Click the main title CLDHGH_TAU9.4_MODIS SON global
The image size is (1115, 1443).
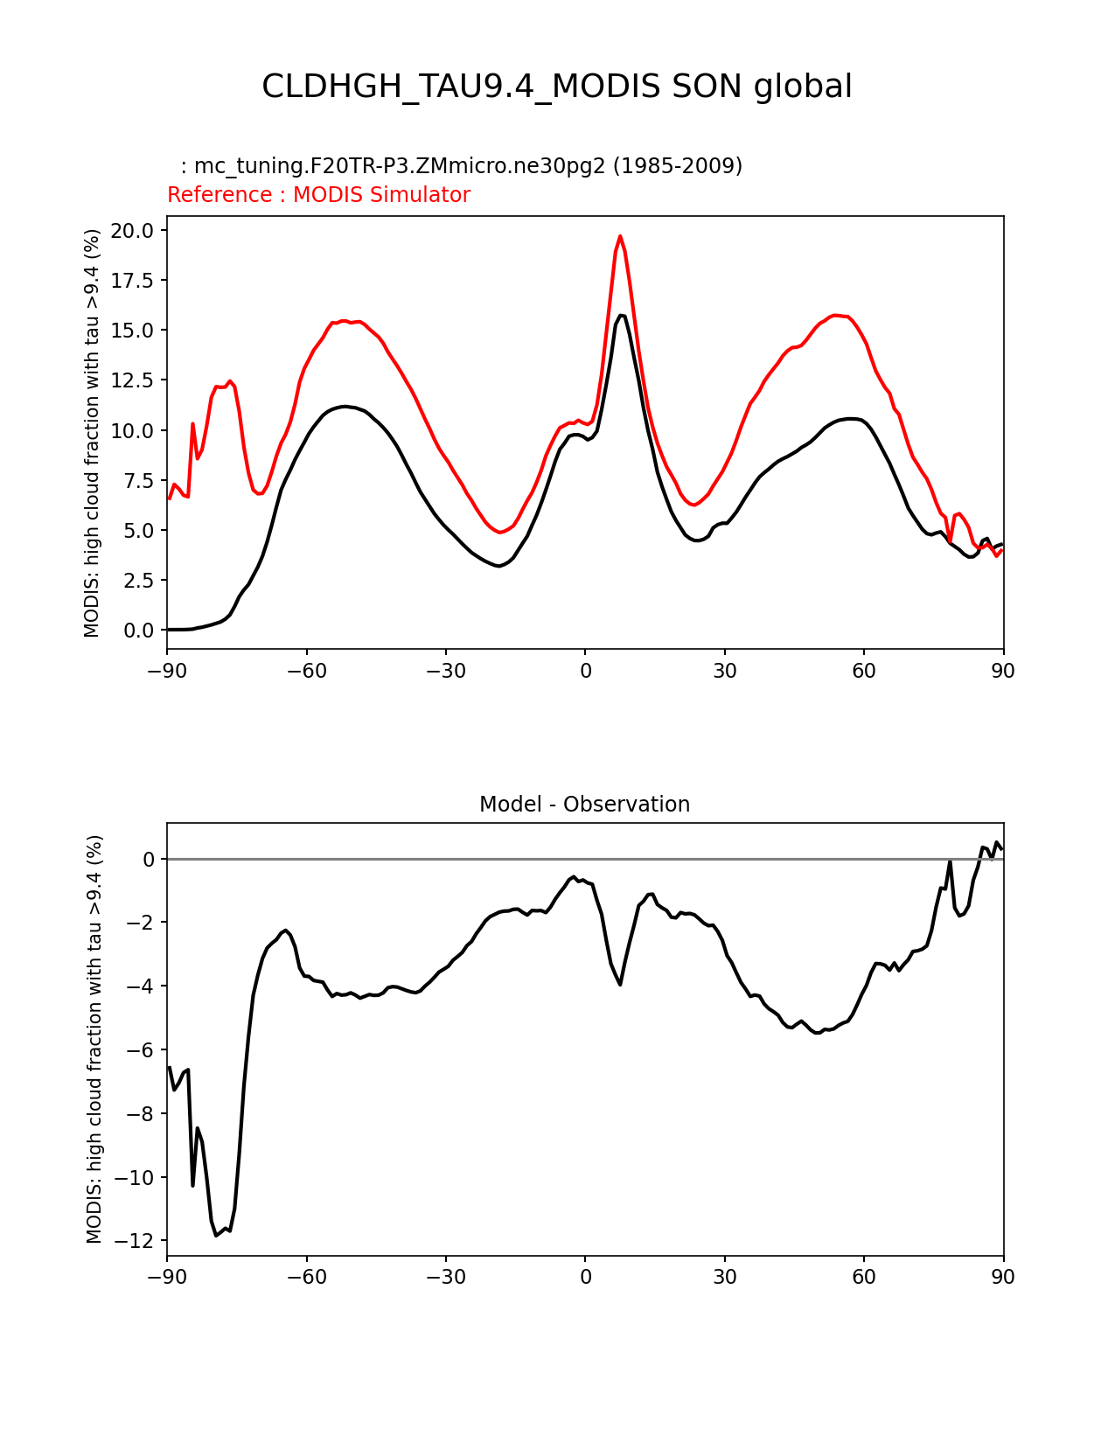[x=557, y=87]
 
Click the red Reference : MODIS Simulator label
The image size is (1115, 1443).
[x=318, y=195]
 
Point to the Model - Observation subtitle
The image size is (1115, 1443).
[x=584, y=805]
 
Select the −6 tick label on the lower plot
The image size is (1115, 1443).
[x=142, y=1050]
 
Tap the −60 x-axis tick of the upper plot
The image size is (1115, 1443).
[x=306, y=671]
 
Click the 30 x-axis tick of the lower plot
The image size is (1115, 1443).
[x=724, y=1277]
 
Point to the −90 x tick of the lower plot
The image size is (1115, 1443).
[x=167, y=1277]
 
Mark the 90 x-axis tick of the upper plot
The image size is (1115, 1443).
[x=1003, y=671]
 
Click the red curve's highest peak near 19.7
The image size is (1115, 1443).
[x=620, y=236]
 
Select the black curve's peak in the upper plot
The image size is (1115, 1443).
[x=621, y=316]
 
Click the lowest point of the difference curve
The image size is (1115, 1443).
[x=216, y=1235]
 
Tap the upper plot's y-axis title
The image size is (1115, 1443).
[x=93, y=433]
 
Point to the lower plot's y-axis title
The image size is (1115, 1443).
[x=94, y=1039]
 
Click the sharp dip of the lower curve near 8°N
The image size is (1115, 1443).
[x=620, y=985]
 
